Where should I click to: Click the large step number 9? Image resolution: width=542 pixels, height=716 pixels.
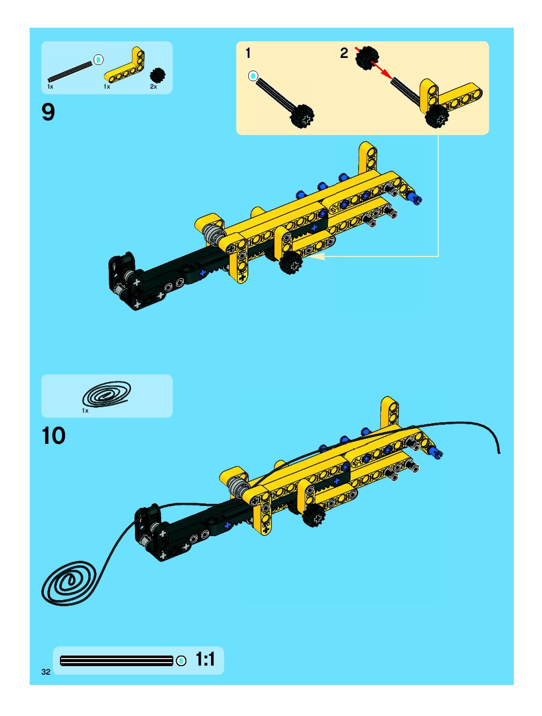point(48,112)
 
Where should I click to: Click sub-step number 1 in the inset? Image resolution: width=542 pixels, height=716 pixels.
point(248,53)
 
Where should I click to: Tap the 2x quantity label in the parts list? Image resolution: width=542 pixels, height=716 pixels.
point(153,87)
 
